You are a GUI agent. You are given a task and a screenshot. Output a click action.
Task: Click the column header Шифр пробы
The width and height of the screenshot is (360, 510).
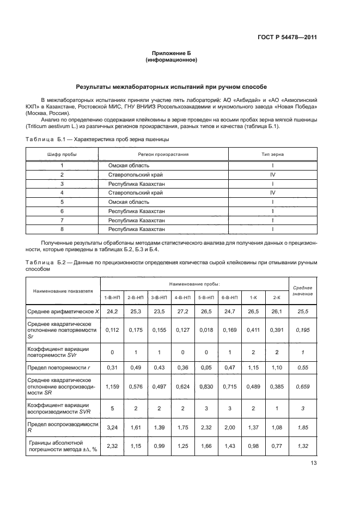[62, 154]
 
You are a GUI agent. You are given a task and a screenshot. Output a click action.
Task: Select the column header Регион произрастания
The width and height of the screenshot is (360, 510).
[163, 154]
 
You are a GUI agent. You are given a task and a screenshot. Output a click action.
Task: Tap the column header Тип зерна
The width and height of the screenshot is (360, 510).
[272, 154]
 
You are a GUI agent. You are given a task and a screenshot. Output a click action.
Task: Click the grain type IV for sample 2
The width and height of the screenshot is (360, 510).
[272, 174]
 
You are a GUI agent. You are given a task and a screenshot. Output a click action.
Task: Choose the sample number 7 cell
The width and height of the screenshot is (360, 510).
[62, 221]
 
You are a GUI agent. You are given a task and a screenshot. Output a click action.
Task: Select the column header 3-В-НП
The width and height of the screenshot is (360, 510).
[158, 298]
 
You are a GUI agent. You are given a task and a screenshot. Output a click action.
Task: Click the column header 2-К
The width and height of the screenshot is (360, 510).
[277, 298]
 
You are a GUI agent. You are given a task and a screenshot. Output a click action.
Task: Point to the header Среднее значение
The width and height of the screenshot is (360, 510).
[303, 290]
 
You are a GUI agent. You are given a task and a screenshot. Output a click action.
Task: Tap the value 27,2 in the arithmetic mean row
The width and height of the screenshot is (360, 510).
[182, 311]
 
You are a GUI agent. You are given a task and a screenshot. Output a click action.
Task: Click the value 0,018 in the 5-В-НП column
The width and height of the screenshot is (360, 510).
[205, 330]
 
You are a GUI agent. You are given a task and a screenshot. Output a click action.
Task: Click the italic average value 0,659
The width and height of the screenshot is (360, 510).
[303, 386]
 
